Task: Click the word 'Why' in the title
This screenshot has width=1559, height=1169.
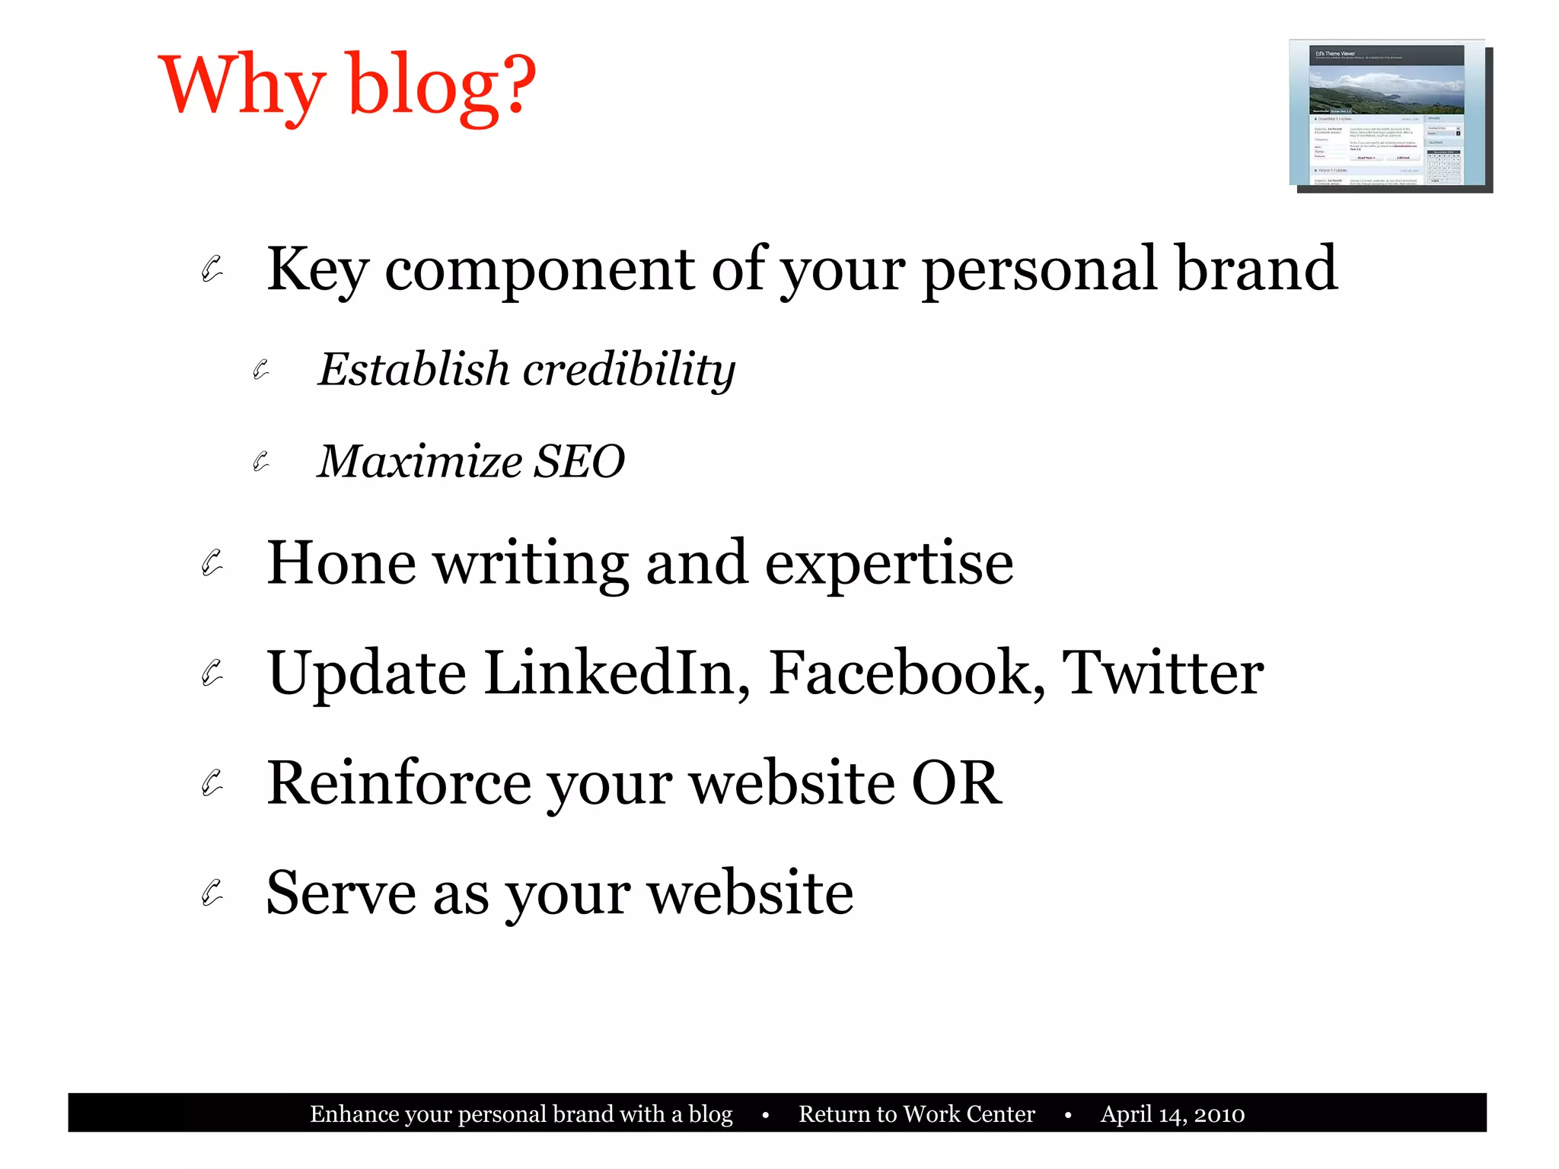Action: tap(242, 85)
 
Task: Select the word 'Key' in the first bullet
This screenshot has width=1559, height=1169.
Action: tap(317, 269)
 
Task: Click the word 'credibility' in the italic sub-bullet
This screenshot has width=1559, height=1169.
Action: tap(630, 370)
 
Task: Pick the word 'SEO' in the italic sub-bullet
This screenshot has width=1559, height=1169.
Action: tap(579, 461)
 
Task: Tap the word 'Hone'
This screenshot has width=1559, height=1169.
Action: tap(341, 563)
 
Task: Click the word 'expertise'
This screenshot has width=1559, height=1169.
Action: tap(888, 565)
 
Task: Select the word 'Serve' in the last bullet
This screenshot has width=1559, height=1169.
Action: tap(340, 893)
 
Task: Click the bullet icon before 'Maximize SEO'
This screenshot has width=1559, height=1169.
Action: tap(261, 461)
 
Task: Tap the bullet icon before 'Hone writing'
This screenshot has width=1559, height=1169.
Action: tap(212, 563)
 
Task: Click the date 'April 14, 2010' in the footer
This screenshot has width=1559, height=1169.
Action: tap(1172, 1114)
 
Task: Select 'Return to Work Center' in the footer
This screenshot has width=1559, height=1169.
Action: tap(917, 1114)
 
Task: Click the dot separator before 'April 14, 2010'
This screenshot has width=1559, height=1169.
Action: tap(1068, 1116)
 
